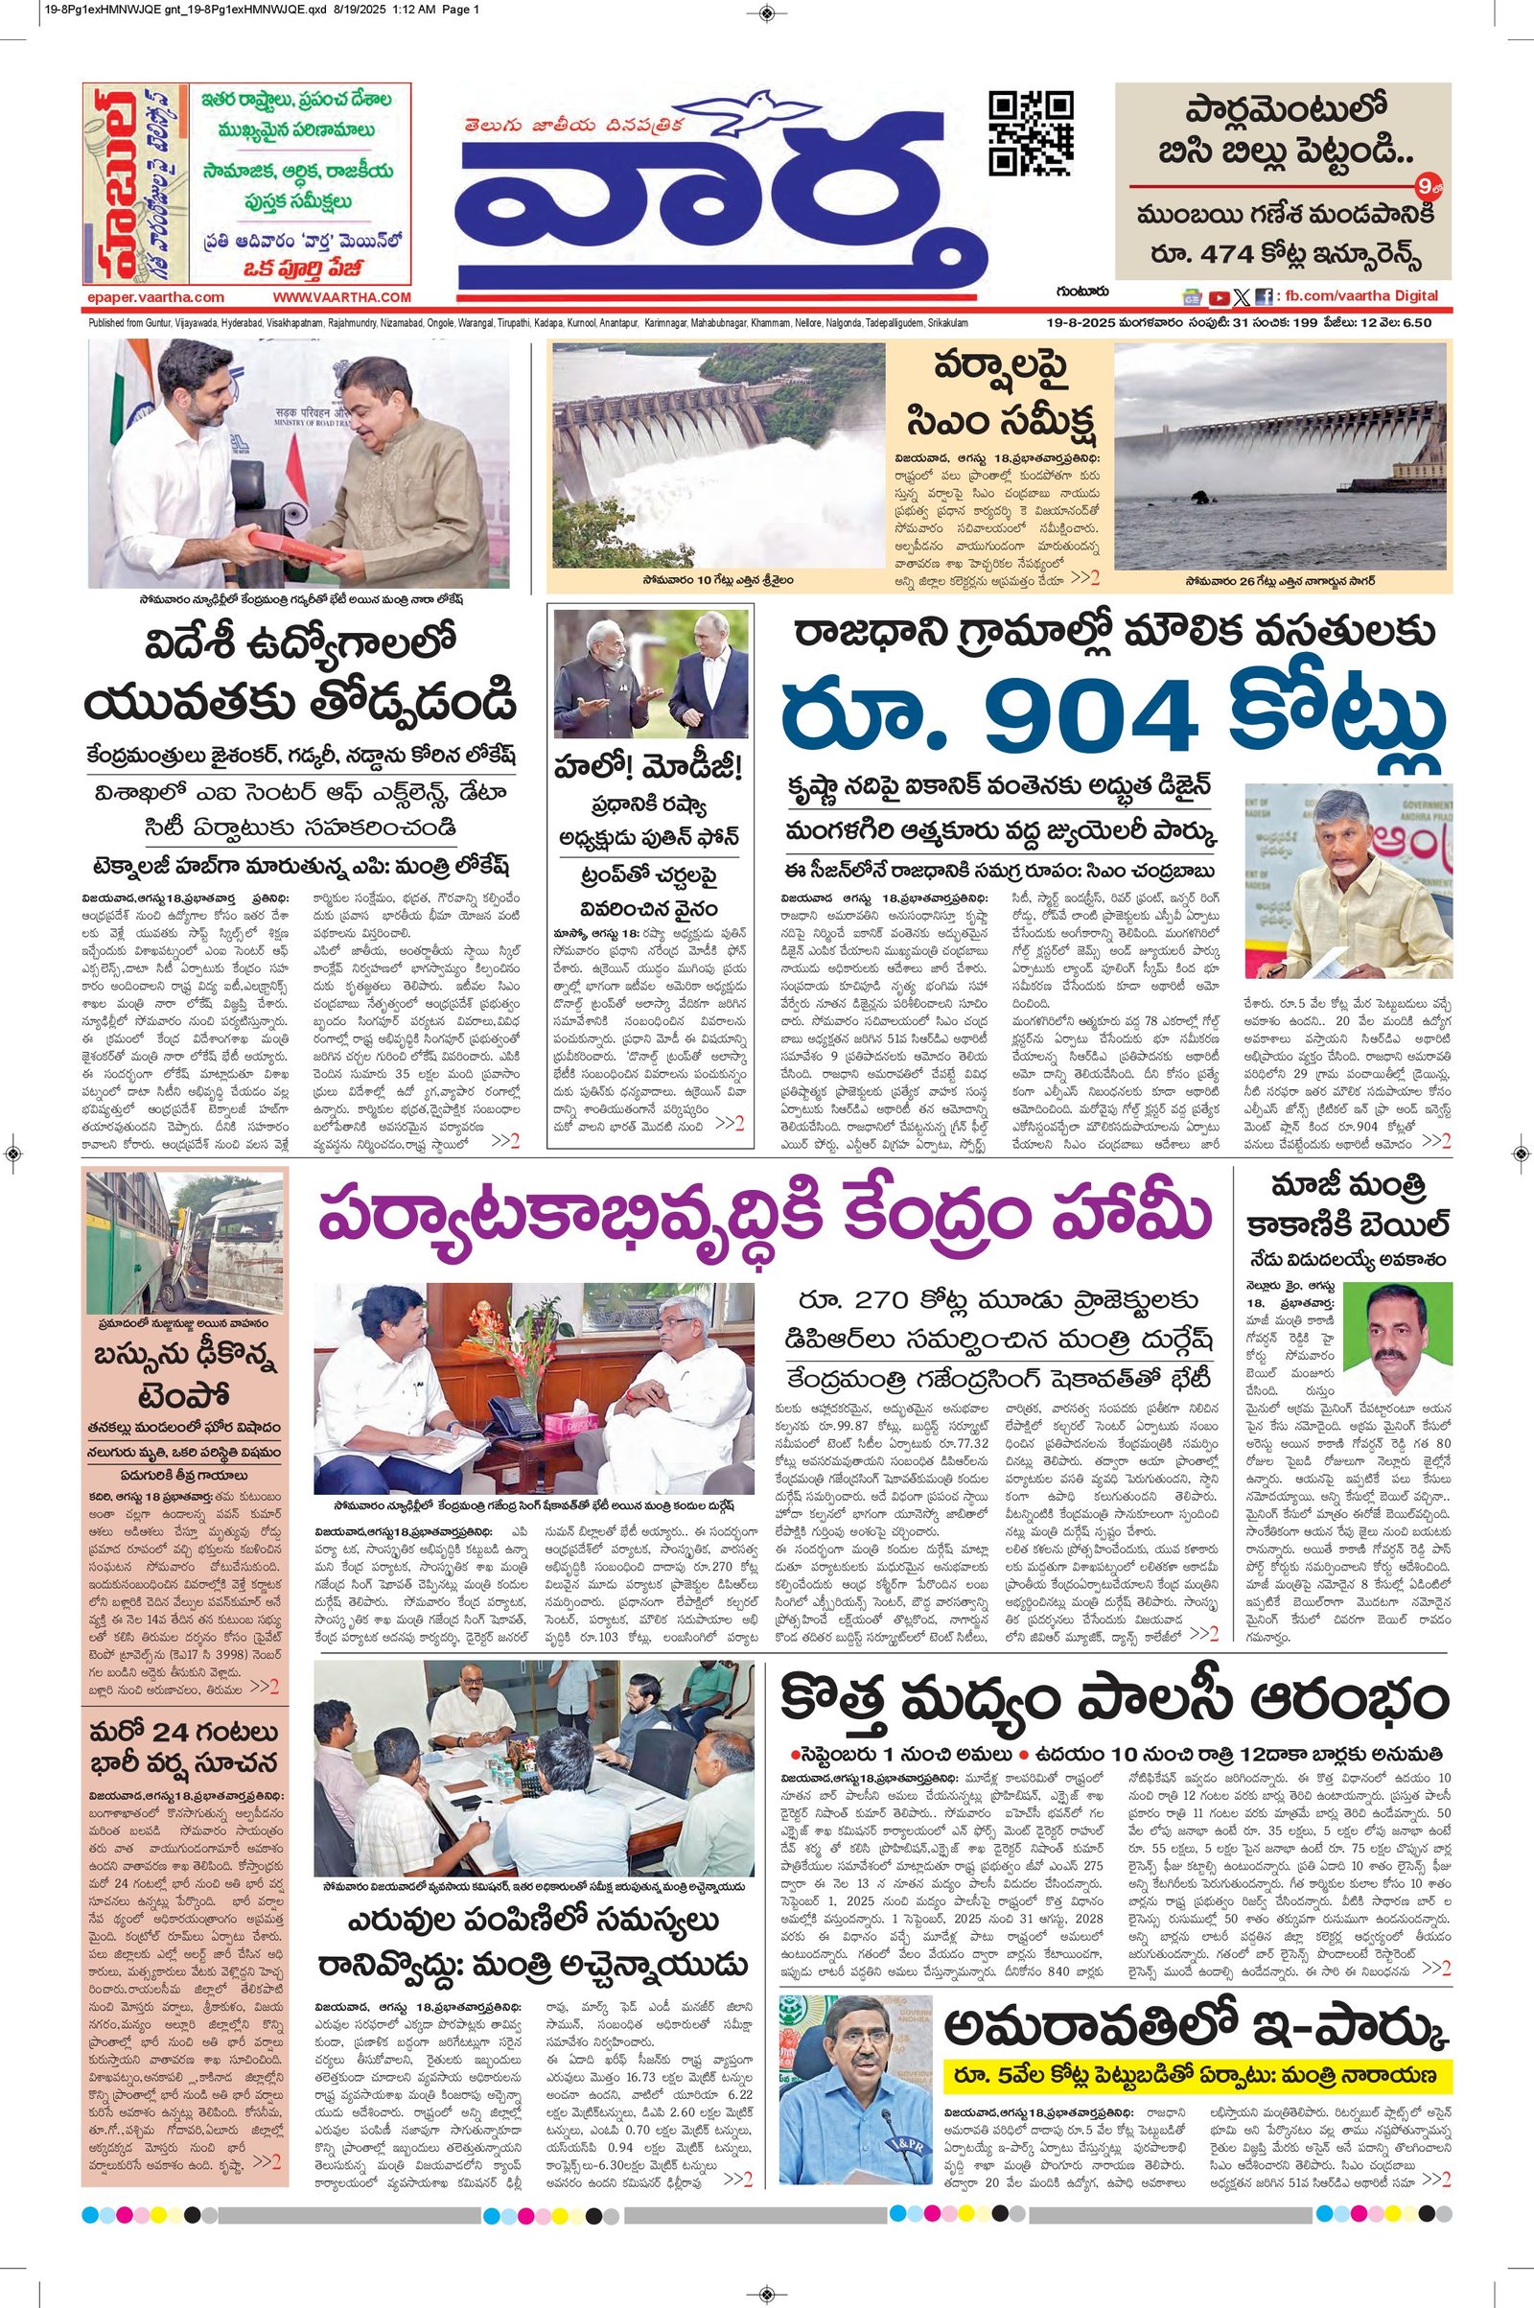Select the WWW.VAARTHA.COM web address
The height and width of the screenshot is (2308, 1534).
coord(341,297)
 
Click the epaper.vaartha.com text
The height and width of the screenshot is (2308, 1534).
coord(155,297)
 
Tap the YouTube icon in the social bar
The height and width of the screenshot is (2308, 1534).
coord(1219,297)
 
